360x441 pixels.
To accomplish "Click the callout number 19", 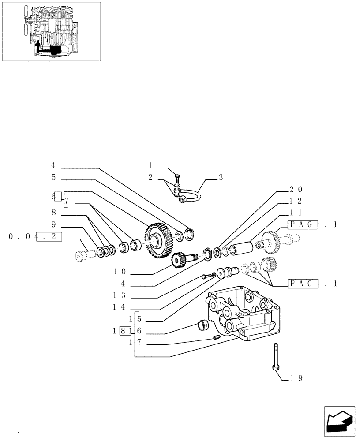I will pos(296,378).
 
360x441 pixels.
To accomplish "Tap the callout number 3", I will pos(221,177).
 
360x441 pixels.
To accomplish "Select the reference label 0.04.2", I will pos(35,236).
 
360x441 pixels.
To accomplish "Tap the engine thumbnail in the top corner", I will pos(51,31).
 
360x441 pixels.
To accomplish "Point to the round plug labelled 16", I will pos(202,326).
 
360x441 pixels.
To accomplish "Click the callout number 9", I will pos(53,224).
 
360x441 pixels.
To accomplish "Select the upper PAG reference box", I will pos(303,224).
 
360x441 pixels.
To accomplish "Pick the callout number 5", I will pos(53,177).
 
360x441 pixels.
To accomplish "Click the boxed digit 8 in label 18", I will pos(124,329).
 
